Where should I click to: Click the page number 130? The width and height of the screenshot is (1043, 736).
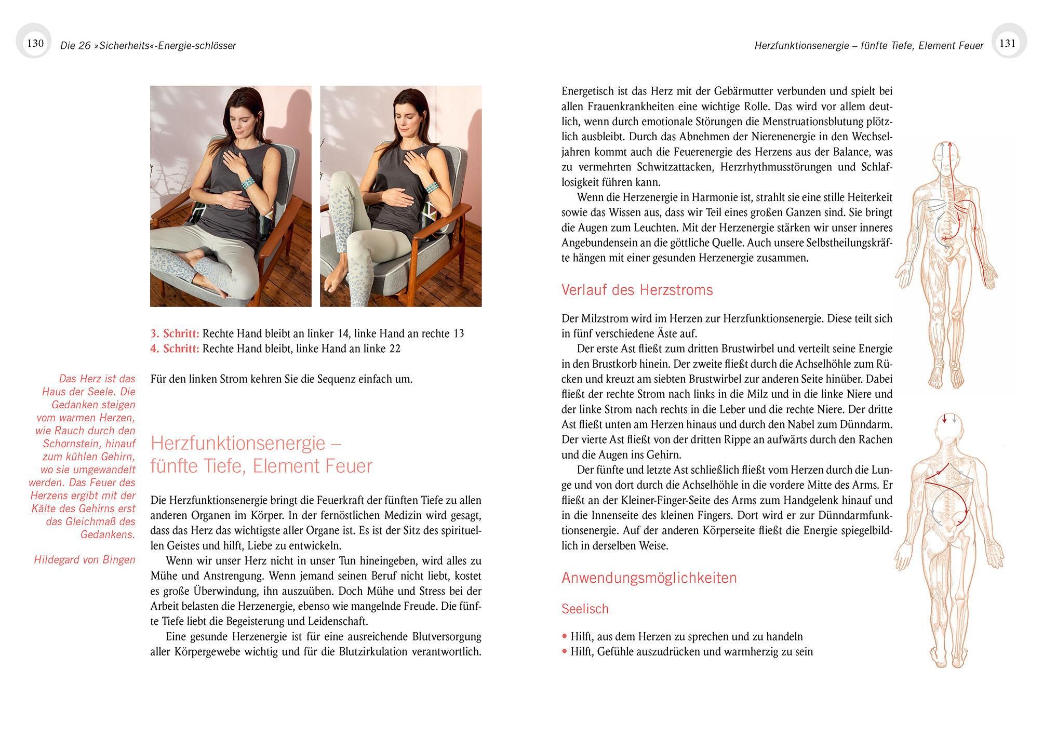tap(35, 43)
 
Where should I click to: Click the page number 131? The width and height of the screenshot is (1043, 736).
tap(1007, 43)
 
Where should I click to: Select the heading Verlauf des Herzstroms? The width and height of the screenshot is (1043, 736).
tap(637, 290)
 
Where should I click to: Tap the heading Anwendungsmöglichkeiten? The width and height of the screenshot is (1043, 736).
tap(649, 578)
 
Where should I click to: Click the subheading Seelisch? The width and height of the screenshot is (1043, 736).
tap(585, 609)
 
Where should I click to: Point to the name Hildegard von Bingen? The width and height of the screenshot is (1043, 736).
tap(84, 559)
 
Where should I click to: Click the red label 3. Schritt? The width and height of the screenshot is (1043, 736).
tap(175, 333)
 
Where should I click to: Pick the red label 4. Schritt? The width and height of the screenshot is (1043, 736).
tap(175, 349)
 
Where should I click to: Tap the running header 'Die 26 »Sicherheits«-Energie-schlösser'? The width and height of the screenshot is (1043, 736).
tap(148, 46)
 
